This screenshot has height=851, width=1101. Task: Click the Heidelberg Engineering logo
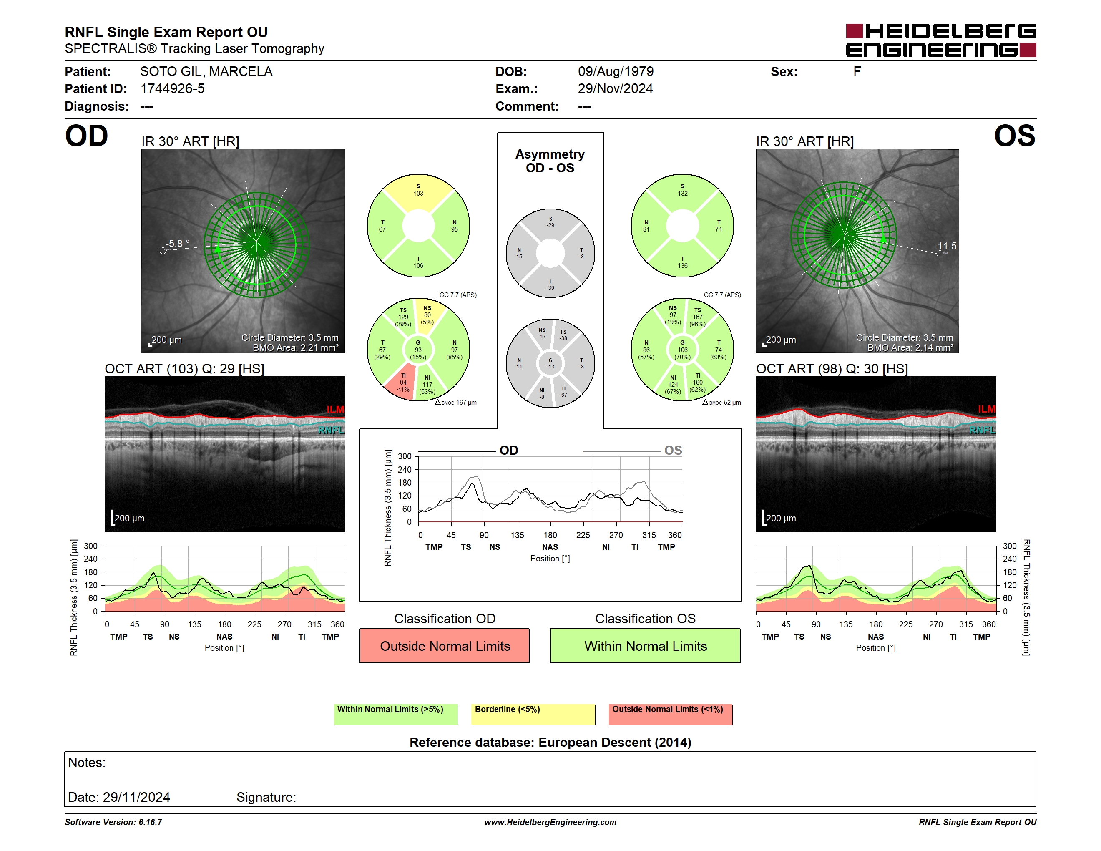point(941,40)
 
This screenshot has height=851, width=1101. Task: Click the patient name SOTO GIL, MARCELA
point(206,72)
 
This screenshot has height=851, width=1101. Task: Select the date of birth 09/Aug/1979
point(616,72)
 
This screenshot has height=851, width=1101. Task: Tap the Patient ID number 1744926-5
point(172,89)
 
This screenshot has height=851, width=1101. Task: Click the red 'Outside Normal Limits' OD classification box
point(444,645)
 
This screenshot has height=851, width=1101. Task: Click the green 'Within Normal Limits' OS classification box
point(645,645)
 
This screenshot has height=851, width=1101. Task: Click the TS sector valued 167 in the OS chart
point(698,317)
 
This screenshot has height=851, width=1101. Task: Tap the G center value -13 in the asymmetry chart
point(550,363)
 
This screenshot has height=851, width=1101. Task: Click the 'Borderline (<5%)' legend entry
point(533,714)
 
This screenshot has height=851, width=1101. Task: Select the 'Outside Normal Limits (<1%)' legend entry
point(671,714)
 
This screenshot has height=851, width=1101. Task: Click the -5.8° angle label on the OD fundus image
point(177,244)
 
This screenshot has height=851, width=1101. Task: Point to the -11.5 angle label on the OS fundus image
point(945,246)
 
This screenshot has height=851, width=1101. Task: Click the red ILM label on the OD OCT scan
point(335,409)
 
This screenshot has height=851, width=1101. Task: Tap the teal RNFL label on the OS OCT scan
point(983,430)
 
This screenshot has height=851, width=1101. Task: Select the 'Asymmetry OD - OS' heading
point(550,161)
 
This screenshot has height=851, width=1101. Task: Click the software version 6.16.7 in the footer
point(150,822)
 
